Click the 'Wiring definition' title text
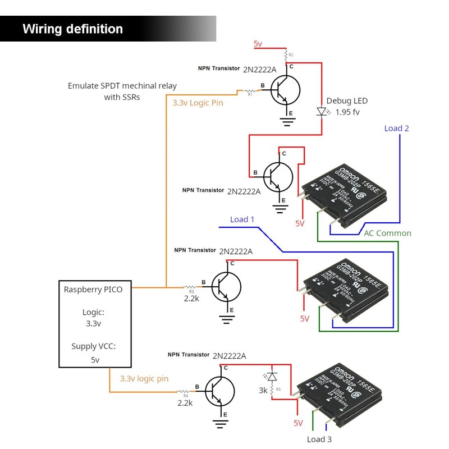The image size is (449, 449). [x=72, y=29]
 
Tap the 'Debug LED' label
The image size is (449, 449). [x=347, y=101]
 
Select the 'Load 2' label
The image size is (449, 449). [x=396, y=129]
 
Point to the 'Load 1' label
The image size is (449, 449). [x=242, y=219]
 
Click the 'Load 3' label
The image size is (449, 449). [x=319, y=439]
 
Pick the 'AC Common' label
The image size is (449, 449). [x=387, y=233]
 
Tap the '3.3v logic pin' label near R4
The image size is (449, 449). [x=144, y=379]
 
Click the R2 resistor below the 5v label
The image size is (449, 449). [x=286, y=56]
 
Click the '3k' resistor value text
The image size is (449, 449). [x=263, y=390]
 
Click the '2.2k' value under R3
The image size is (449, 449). [x=191, y=298]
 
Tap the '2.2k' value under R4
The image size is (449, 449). [x=185, y=402]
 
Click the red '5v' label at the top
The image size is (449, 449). [x=258, y=43]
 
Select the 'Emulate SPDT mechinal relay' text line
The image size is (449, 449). [x=122, y=86]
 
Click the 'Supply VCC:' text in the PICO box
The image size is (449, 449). [x=93, y=346]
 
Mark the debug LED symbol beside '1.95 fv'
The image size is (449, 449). [x=322, y=112]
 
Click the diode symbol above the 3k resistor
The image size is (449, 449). [x=272, y=375]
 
